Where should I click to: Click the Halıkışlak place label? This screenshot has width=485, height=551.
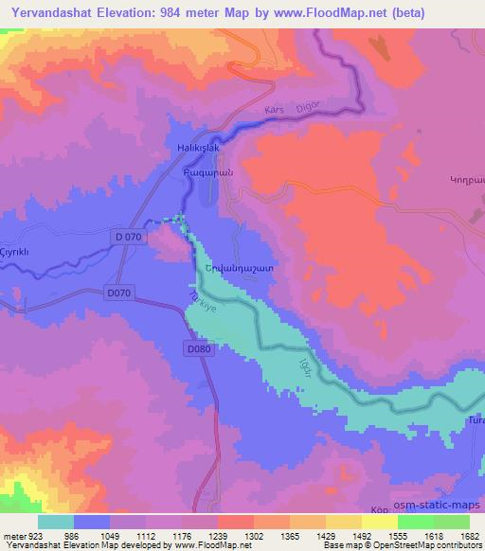172,151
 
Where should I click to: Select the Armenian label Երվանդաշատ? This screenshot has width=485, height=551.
240,269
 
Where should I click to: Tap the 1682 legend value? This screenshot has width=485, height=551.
469,535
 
